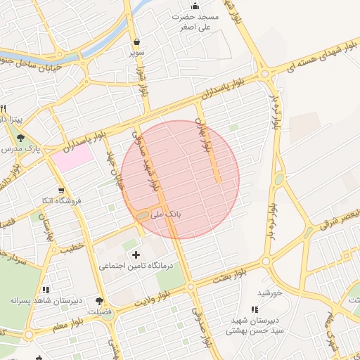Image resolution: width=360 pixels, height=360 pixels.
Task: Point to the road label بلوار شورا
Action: click(144, 82)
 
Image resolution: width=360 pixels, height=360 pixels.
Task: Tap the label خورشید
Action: click(269, 292)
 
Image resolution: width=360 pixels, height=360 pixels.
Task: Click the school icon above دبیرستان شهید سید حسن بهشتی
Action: click(255, 309)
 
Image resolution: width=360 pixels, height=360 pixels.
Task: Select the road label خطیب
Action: click(71, 248)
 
